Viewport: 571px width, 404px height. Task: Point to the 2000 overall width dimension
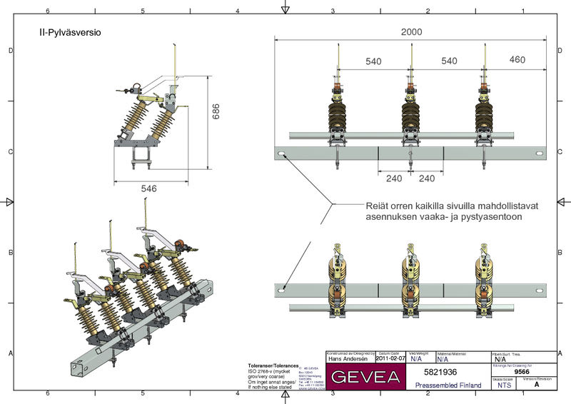[410, 33]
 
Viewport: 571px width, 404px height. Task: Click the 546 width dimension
[148, 188]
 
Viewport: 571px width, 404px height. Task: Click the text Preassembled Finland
[448, 385]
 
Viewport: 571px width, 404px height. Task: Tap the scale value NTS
[504, 385]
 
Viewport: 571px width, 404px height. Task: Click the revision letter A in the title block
[536, 385]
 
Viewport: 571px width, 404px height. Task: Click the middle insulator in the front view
[410, 114]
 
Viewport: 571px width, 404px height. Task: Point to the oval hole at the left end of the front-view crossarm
[283, 155]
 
